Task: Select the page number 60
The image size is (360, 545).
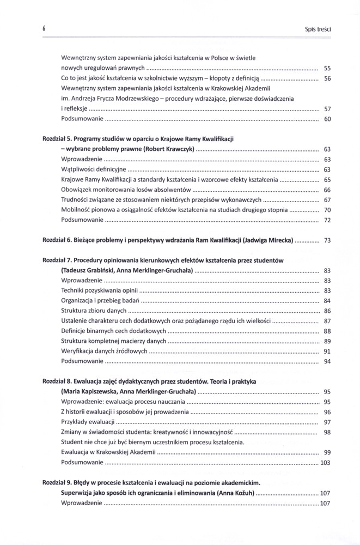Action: (327, 119)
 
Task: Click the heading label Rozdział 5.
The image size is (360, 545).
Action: (57, 139)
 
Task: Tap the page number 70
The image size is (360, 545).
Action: (327, 210)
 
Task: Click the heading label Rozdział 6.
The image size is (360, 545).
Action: (57, 240)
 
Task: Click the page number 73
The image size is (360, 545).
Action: (327, 240)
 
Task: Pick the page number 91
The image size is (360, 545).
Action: (327, 351)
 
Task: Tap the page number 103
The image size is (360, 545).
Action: (326, 463)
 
